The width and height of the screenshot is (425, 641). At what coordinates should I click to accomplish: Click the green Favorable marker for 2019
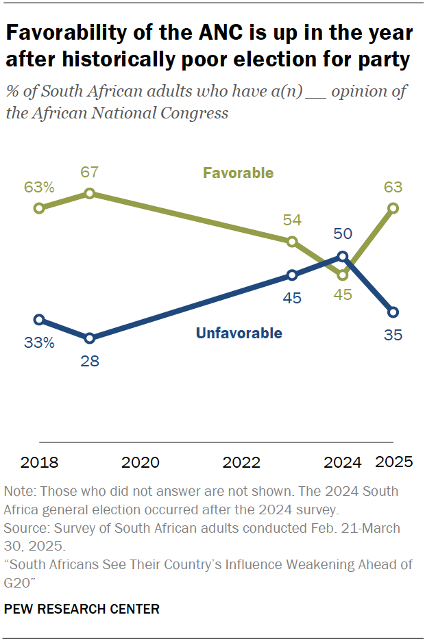(89, 194)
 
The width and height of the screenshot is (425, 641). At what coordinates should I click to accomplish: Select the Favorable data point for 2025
(393, 208)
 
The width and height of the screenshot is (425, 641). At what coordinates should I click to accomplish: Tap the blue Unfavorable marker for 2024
(343, 257)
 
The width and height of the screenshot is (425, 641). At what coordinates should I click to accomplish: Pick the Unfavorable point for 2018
(39, 319)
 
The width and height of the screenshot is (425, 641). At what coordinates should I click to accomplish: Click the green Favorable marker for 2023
(292, 241)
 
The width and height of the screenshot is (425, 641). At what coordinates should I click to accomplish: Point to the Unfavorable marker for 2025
(393, 312)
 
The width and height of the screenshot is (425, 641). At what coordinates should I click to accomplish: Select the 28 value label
(89, 360)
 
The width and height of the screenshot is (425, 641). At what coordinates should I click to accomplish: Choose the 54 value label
(292, 220)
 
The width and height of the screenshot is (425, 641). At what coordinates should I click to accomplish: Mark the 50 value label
(343, 234)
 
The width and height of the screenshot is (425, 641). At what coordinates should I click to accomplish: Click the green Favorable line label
(239, 173)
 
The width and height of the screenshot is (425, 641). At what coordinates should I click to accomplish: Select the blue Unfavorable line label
(239, 334)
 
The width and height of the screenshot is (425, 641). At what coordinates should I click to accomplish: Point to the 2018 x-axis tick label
(39, 462)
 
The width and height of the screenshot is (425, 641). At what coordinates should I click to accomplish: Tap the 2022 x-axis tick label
(241, 462)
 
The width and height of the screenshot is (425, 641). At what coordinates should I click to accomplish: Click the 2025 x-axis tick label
(394, 462)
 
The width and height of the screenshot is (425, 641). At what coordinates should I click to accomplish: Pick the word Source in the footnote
(23, 529)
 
